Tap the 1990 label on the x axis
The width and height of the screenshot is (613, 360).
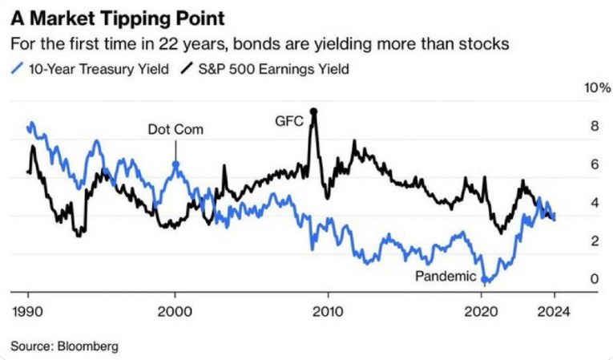pyautogui.click(x=28, y=313)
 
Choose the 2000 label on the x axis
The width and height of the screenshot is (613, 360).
pyautogui.click(x=175, y=313)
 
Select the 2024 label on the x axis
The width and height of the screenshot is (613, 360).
pyautogui.click(x=554, y=313)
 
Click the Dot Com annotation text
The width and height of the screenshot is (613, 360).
pyautogui.click(x=175, y=129)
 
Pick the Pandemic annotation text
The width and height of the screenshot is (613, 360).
pyautogui.click(x=446, y=277)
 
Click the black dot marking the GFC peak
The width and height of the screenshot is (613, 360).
pyautogui.click(x=314, y=111)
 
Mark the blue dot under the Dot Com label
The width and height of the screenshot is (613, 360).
pyautogui.click(x=175, y=164)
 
